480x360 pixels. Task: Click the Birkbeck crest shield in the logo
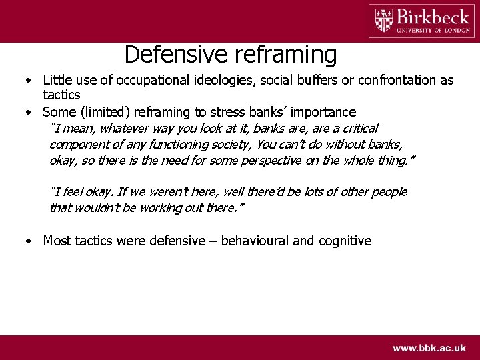tap(383, 20)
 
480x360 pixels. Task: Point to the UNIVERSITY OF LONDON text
tap(433, 29)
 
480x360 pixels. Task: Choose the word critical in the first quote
tap(358, 129)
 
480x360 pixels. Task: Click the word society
tap(231, 144)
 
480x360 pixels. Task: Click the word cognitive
tap(345, 241)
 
